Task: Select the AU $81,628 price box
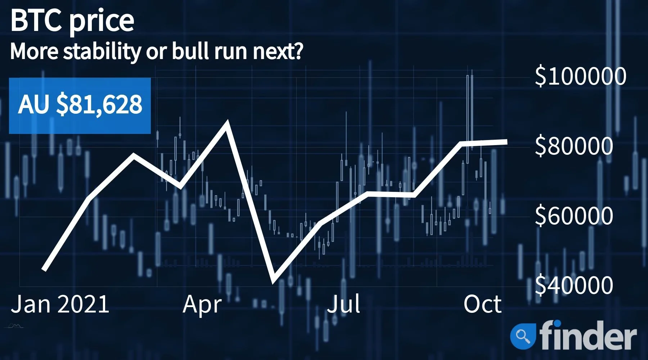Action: point(80,105)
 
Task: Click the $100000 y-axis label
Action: point(580,76)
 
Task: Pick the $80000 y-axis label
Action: point(574,146)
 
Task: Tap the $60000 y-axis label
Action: point(574,216)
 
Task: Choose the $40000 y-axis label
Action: point(574,285)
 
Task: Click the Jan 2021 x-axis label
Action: point(60,304)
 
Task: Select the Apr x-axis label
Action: point(202,305)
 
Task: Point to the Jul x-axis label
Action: point(343,304)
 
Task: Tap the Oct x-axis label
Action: point(482,304)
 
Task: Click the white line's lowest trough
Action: point(274,280)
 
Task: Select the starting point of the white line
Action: point(44,269)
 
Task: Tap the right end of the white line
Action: point(507,142)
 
